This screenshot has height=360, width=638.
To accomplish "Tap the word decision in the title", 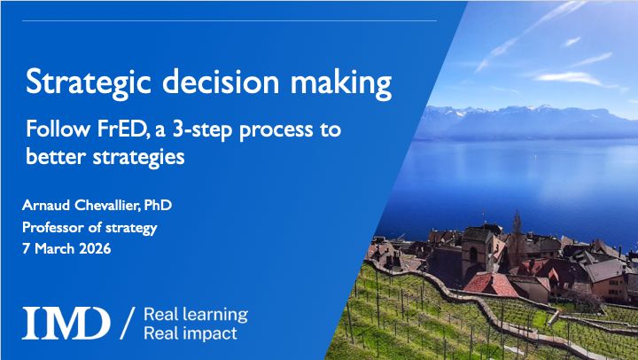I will pyautogui.click(x=197, y=83).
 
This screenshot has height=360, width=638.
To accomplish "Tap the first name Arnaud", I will pyautogui.click(x=44, y=206).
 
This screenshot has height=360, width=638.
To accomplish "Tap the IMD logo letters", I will pyautogui.click(x=66, y=323).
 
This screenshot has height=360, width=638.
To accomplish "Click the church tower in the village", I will pyautogui.click(x=517, y=226).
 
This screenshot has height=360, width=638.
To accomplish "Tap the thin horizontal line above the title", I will pyautogui.click(x=230, y=20).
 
